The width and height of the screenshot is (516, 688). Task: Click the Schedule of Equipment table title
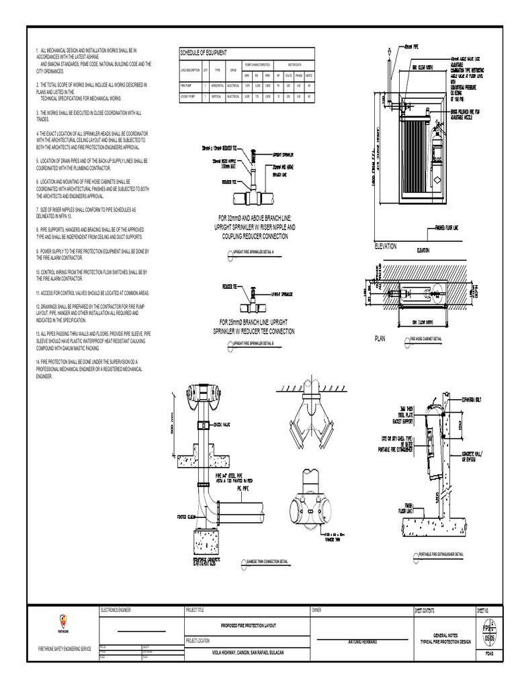click(203, 52)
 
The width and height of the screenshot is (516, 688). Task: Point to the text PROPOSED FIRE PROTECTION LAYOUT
click(248, 625)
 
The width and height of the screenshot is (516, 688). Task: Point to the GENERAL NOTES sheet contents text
click(444, 635)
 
